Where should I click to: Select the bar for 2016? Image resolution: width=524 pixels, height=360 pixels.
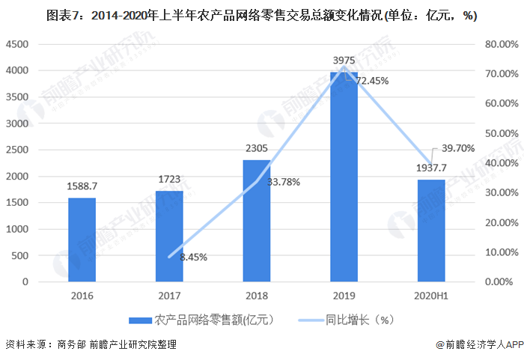[82, 240]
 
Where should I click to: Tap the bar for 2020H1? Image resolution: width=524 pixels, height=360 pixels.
[431, 231]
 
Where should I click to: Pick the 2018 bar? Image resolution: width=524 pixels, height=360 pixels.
[256, 221]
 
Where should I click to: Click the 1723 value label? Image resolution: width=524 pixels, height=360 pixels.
[169, 180]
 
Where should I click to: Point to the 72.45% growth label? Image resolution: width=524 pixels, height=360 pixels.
[372, 81]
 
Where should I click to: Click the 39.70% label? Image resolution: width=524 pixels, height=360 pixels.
[457, 148]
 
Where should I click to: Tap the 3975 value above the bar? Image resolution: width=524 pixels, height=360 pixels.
[344, 59]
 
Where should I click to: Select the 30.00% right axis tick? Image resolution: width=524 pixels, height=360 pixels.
[502, 192]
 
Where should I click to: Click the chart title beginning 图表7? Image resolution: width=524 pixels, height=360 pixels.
[261, 15]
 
